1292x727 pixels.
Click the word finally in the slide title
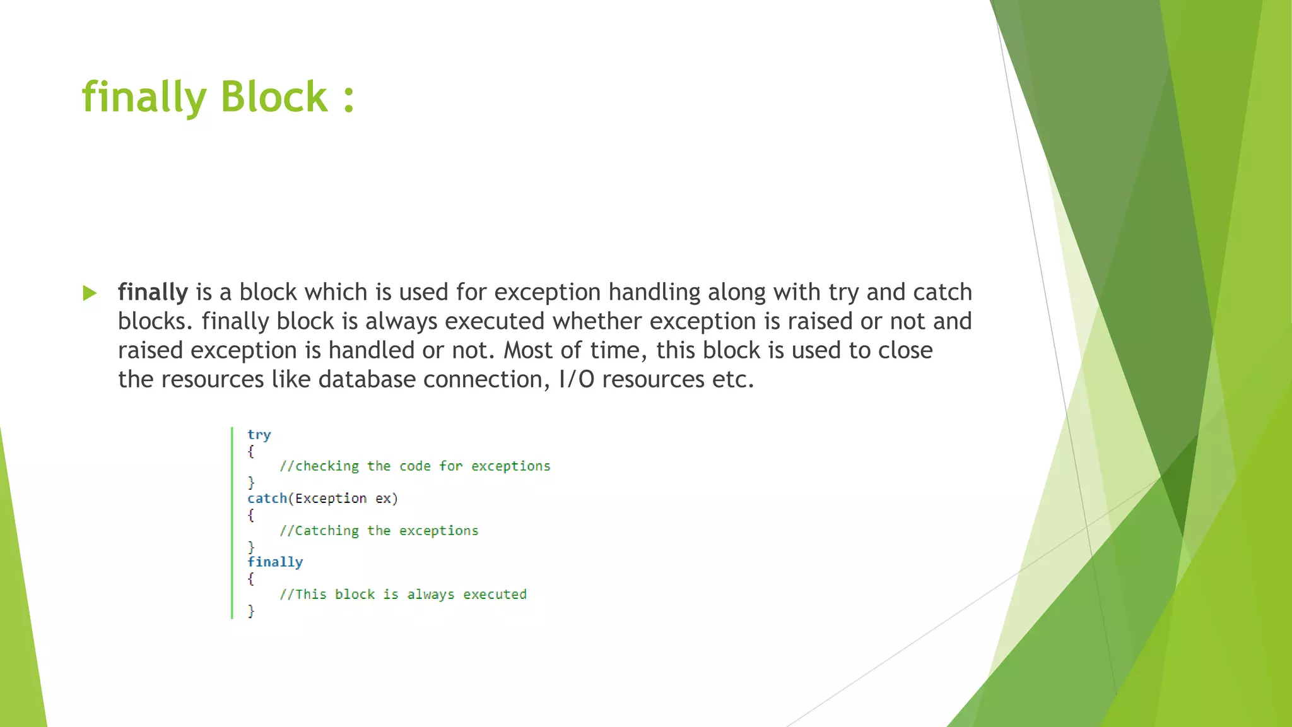tap(144, 98)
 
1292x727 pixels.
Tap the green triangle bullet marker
tap(90, 293)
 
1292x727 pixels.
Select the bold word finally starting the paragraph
tap(153, 292)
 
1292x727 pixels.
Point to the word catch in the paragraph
tap(943, 292)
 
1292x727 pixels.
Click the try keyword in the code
tap(259, 434)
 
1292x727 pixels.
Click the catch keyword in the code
tap(267, 499)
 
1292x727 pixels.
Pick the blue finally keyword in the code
tap(275, 562)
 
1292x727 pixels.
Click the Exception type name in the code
tap(331, 499)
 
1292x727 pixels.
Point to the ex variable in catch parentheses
tap(383, 499)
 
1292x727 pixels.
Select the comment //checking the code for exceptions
tap(414, 466)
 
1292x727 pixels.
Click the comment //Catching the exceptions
tap(379, 531)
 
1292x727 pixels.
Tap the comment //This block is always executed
tap(402, 594)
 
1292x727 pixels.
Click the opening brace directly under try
tap(251, 451)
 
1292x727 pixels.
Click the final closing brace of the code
tap(251, 610)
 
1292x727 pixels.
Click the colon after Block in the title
tap(348, 98)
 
